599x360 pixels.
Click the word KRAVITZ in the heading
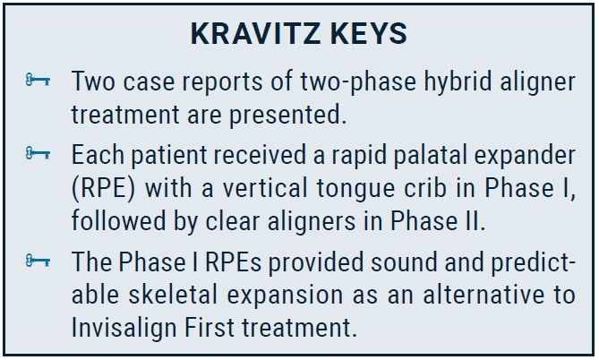(255, 34)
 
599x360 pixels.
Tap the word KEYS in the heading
(369, 34)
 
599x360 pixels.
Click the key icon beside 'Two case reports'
(38, 81)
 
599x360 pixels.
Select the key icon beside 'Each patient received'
(38, 154)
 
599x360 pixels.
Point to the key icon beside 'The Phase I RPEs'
(38, 261)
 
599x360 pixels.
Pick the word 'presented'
(287, 116)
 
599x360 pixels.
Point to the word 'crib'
(425, 188)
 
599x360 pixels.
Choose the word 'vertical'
(266, 188)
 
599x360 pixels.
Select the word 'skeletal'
(173, 296)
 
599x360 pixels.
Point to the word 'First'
(209, 329)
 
